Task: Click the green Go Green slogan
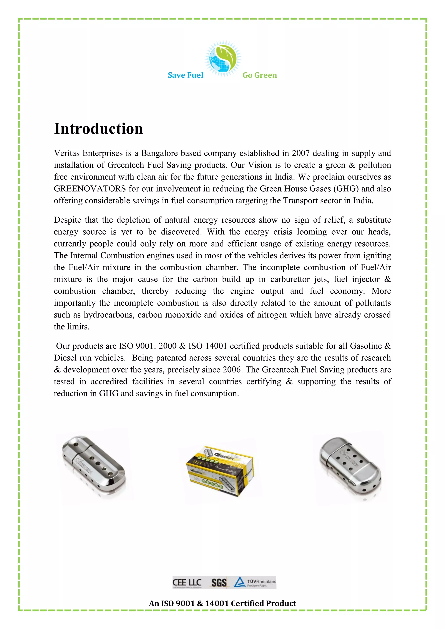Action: click(259, 75)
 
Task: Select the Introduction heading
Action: click(98, 129)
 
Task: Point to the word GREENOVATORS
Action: click(90, 189)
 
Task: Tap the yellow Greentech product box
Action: click(220, 471)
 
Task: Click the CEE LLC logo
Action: click(187, 583)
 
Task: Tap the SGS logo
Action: click(219, 583)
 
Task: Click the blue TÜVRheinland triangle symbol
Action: click(240, 582)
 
